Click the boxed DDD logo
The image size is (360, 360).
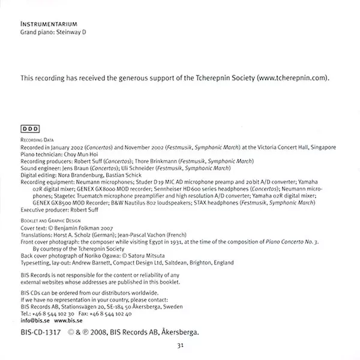[x=30, y=128]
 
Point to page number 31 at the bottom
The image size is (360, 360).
[x=179, y=346]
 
